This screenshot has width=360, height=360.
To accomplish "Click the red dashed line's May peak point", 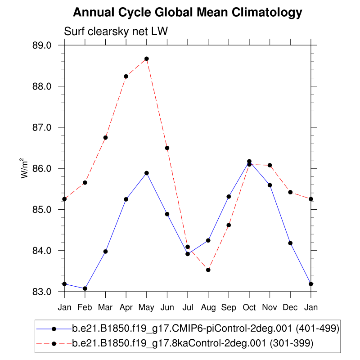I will pyautogui.click(x=147, y=58).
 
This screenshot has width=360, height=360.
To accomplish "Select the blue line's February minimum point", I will pyautogui.click(x=85, y=288).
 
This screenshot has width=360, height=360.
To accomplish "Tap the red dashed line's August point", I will pyautogui.click(x=208, y=270).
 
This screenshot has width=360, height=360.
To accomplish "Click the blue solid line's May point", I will pyautogui.click(x=147, y=173).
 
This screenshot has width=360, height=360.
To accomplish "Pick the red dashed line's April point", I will pyautogui.click(x=126, y=76).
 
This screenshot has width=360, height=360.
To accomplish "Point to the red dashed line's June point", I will pyautogui.click(x=167, y=148).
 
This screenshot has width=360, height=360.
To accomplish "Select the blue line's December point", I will pyautogui.click(x=290, y=243).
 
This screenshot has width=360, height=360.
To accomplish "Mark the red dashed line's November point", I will pyautogui.click(x=270, y=165).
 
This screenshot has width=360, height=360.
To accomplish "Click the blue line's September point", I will pyautogui.click(x=229, y=197).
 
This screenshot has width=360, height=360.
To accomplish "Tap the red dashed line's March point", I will pyautogui.click(x=105, y=138).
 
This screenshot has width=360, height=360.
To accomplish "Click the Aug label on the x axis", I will pyautogui.click(x=208, y=307).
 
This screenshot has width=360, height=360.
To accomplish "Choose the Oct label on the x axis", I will pyautogui.click(x=249, y=307).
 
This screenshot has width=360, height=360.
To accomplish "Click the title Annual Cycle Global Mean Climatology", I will pyautogui.click(x=187, y=13).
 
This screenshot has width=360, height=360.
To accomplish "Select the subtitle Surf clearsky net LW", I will pyautogui.click(x=116, y=31).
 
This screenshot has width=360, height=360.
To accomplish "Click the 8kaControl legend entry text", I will pyautogui.click(x=193, y=343).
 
